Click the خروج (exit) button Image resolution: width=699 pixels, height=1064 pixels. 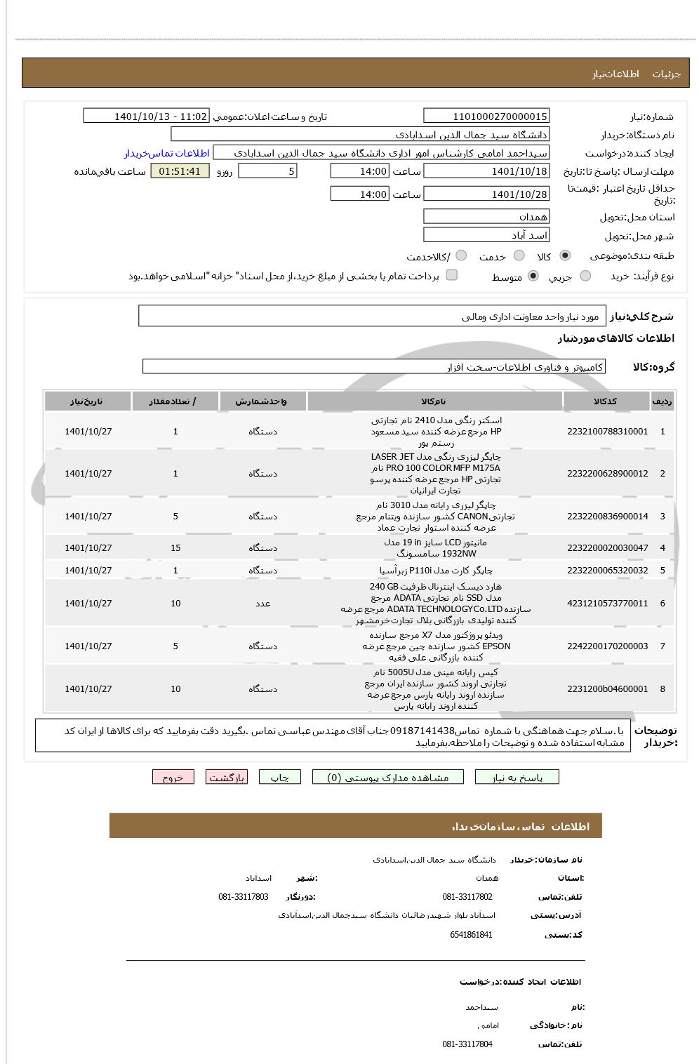[x=173, y=777]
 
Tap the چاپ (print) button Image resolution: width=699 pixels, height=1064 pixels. [x=279, y=777]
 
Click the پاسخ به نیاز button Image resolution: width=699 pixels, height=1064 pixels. [x=517, y=777]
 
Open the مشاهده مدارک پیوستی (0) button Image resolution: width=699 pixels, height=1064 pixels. [x=388, y=777]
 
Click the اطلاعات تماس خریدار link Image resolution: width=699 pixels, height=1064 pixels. [x=167, y=153]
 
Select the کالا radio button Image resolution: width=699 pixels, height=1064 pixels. [x=566, y=256]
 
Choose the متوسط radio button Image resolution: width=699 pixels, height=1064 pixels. [x=533, y=277]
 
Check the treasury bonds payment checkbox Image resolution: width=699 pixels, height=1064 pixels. [x=452, y=275]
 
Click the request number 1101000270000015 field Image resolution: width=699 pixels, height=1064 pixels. [x=486, y=117]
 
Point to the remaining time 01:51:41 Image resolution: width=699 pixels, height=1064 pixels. [x=180, y=171]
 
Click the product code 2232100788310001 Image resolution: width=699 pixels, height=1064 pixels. [x=607, y=432]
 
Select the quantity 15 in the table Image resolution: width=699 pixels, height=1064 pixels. [x=175, y=548]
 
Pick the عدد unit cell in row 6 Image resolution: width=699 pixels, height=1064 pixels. [x=262, y=604]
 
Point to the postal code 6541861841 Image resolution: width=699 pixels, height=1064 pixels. [x=471, y=935]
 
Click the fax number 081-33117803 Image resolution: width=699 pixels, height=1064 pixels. [x=243, y=897]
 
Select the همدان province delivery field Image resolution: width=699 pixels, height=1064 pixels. [x=486, y=217]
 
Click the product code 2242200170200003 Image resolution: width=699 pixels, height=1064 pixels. [x=607, y=646]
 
